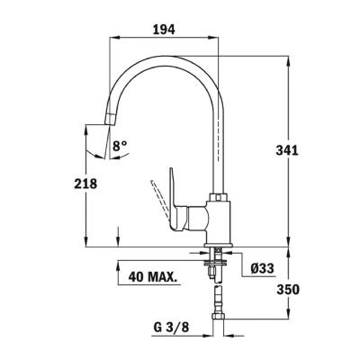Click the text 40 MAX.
[151, 275]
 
